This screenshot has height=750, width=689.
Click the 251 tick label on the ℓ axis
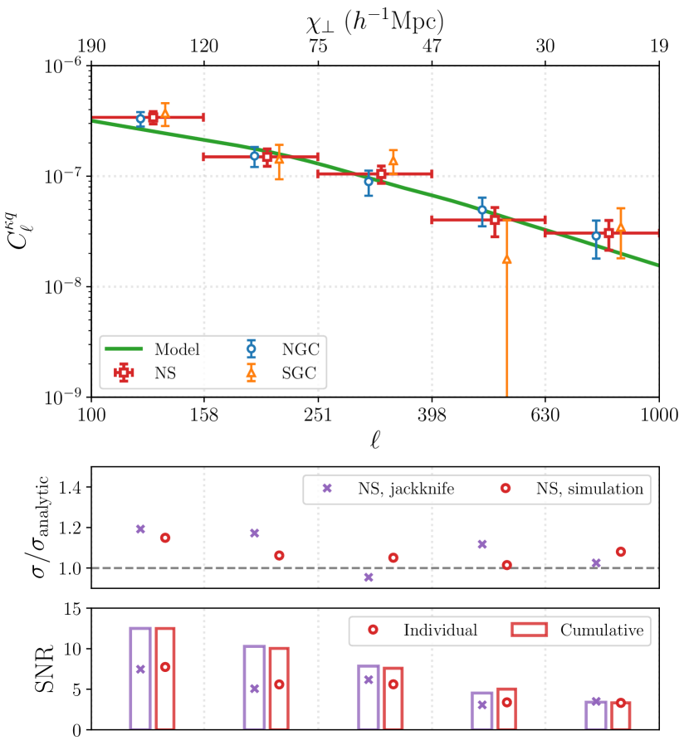(x=317, y=413)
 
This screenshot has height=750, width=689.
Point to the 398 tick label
(x=431, y=413)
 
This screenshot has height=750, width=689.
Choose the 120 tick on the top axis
(x=204, y=47)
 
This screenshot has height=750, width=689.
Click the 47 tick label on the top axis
(x=432, y=47)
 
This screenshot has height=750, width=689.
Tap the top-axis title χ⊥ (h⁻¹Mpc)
(x=374, y=18)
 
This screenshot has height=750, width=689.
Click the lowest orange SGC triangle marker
(x=506, y=260)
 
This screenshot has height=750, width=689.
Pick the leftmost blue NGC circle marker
(x=140, y=119)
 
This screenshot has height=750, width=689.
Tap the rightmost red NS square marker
(x=608, y=233)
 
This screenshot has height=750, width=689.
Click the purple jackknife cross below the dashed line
(x=369, y=577)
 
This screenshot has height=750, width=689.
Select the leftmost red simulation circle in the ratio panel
(x=165, y=538)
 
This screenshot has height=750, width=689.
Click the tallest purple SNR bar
(x=140, y=679)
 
